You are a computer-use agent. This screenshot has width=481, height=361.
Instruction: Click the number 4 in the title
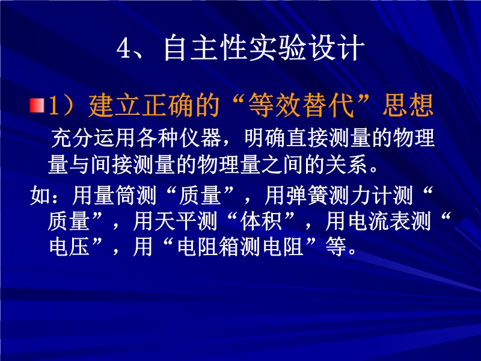tap(124, 48)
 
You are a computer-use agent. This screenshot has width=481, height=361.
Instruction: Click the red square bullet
tap(37, 105)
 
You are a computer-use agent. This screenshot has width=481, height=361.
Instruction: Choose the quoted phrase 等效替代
tap(301, 105)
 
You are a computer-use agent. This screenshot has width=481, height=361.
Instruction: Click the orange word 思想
tap(408, 105)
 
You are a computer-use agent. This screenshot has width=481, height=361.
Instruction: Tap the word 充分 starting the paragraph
tap(72, 138)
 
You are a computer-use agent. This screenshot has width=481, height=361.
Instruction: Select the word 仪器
tap(201, 138)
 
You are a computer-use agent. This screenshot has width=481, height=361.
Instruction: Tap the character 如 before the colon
tap(40, 195)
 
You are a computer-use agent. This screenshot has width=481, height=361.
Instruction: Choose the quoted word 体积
tap(261, 221)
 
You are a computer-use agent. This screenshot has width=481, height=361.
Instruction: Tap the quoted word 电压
tap(70, 247)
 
